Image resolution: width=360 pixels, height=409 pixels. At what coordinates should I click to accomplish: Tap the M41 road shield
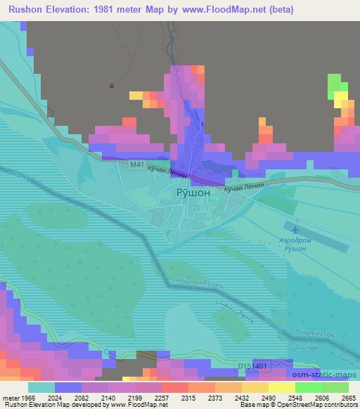coord(137,165)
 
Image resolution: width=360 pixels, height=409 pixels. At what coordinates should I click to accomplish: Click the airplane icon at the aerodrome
coord(295,228)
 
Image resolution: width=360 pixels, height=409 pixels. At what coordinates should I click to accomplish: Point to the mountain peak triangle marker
coord(111,86)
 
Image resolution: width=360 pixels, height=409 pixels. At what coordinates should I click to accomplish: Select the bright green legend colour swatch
coord(308,387)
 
